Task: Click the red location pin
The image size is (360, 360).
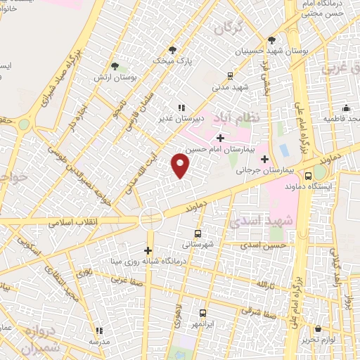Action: [x=181, y=165]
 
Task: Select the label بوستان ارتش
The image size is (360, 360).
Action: [x=113, y=77]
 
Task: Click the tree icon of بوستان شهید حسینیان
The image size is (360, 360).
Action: [x=272, y=40]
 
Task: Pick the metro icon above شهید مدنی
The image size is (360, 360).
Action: [x=230, y=77]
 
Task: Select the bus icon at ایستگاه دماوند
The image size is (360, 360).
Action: [x=309, y=176]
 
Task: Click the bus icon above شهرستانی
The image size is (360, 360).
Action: [x=197, y=233]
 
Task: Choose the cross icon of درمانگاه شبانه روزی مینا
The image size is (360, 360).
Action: [x=148, y=250]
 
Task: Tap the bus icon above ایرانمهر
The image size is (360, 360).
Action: [x=202, y=313]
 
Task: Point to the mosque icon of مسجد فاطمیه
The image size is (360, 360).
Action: [x=346, y=108]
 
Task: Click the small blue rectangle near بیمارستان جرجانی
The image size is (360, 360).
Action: [x=283, y=150]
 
